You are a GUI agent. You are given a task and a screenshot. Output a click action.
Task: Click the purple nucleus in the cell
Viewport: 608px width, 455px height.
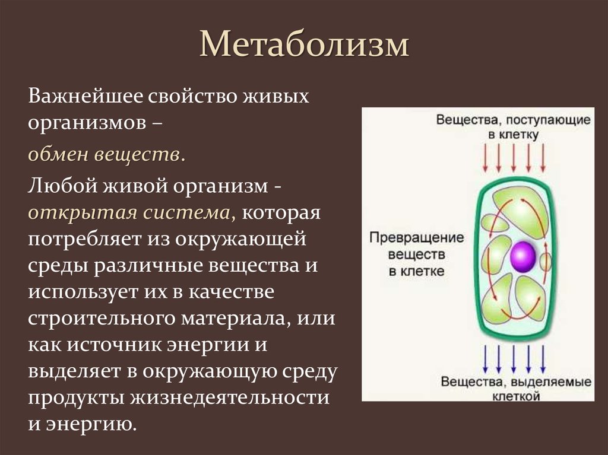[523, 256]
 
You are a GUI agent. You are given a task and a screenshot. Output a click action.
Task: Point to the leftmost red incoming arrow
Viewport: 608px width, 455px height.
[486, 160]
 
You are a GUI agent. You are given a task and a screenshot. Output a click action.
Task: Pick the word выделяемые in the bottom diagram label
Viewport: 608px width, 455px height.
[555, 380]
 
